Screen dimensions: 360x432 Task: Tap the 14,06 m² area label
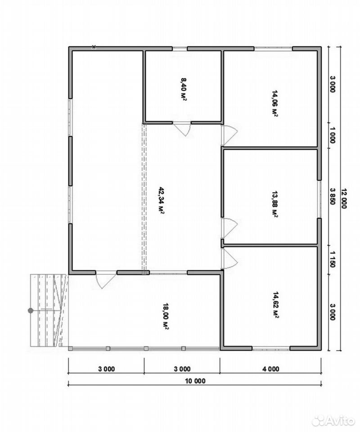(x=274, y=103)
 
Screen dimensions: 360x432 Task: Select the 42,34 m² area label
(x=161, y=200)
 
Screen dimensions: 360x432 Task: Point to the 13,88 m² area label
(x=274, y=204)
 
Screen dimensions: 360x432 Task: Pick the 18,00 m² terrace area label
(x=166, y=316)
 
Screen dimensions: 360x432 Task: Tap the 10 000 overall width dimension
(x=195, y=381)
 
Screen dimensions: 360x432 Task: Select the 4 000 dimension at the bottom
(x=271, y=369)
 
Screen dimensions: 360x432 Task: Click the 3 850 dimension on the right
(x=333, y=196)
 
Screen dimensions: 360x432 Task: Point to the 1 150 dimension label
(x=333, y=259)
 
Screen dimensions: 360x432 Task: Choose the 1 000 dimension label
(x=333, y=135)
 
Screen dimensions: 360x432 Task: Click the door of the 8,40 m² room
(x=182, y=129)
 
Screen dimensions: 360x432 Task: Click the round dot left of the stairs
(x=31, y=310)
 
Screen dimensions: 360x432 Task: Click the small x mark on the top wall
(x=94, y=47)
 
